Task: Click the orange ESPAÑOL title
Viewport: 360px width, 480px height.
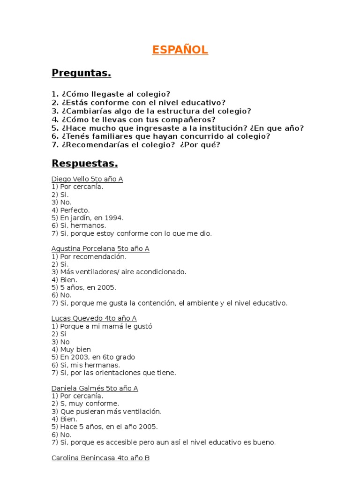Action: coord(180,50)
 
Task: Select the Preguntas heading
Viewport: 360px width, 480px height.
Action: coord(81,73)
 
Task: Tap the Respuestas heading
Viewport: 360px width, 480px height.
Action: coord(84,164)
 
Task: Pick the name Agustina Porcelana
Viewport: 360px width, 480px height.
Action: coord(81,249)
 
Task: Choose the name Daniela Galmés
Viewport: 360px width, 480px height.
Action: coord(75,389)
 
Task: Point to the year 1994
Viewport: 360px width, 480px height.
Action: coord(114,218)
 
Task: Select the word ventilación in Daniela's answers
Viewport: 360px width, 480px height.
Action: coord(139,412)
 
